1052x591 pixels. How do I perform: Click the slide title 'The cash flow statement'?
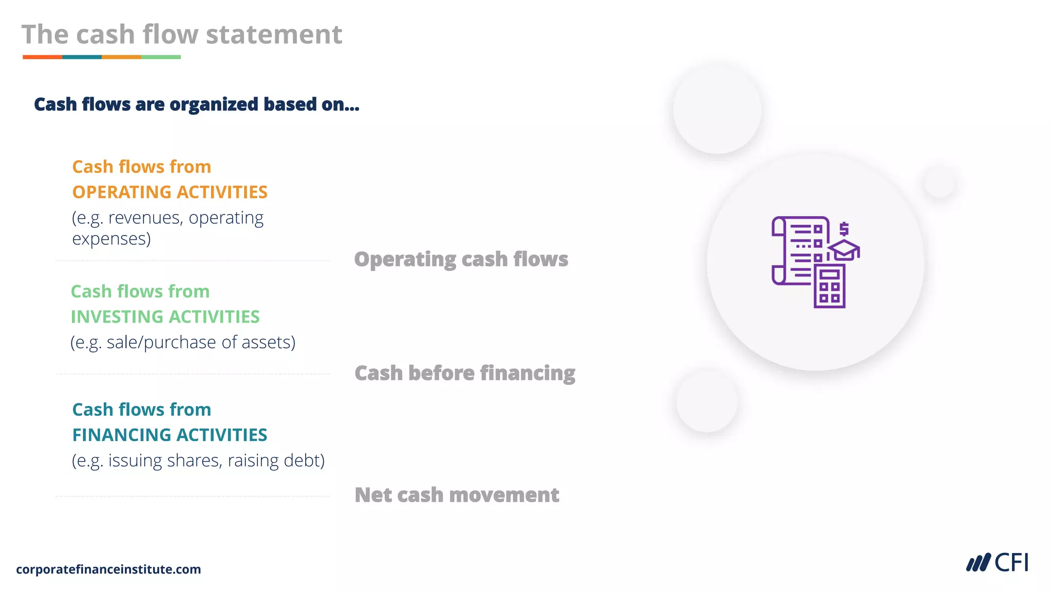click(182, 35)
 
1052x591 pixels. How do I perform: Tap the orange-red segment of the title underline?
click(42, 57)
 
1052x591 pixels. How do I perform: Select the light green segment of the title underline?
click(161, 57)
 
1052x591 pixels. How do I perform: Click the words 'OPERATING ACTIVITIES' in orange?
click(170, 192)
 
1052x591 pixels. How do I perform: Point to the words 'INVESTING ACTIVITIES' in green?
click(165, 317)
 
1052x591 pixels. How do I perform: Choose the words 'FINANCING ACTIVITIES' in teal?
click(170, 435)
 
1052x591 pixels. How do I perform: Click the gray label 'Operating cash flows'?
click(461, 260)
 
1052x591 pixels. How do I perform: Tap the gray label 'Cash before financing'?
click(464, 373)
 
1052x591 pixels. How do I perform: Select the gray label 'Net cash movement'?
click(457, 495)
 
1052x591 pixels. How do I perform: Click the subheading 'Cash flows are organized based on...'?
click(196, 105)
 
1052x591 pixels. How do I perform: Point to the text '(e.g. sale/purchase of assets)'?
click(183, 342)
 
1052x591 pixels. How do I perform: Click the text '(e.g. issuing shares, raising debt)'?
click(198, 461)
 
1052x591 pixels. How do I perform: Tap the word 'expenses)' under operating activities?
click(111, 239)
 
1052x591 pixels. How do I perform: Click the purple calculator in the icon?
click(829, 286)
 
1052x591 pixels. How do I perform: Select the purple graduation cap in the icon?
click(844, 249)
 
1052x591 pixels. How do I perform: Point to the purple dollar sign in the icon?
click(844, 228)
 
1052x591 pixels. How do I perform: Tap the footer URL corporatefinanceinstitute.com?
click(108, 569)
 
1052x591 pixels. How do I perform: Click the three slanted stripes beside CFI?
click(978, 563)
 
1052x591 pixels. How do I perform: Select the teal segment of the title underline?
click(82, 57)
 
